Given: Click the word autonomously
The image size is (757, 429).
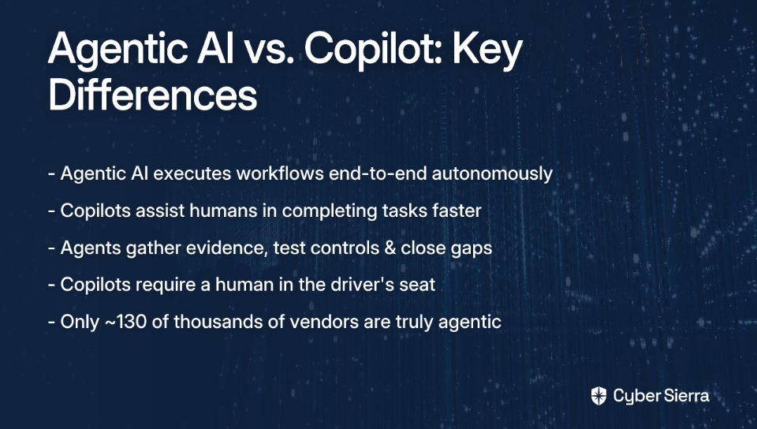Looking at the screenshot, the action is [x=492, y=173].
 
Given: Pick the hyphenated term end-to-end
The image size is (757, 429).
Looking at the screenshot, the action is [x=378, y=173].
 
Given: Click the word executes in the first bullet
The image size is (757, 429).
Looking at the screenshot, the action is [x=192, y=173].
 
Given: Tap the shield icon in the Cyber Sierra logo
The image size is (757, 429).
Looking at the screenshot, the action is [x=599, y=396].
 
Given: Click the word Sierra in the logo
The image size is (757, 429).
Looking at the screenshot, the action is [x=686, y=396].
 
